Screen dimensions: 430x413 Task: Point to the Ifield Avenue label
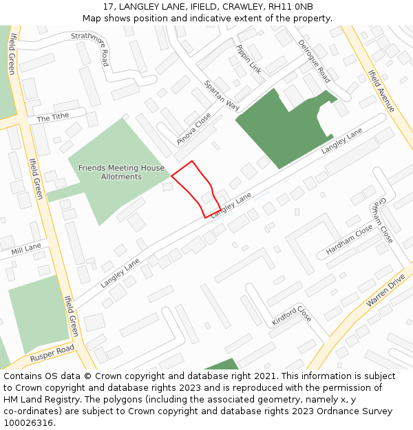[x=381, y=91]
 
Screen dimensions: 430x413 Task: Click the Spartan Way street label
[x=222, y=96]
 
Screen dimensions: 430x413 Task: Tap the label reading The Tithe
[x=53, y=118]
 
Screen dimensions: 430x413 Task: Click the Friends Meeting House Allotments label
[x=121, y=172]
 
